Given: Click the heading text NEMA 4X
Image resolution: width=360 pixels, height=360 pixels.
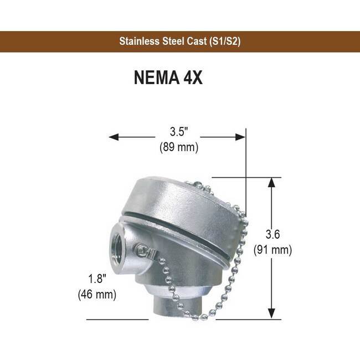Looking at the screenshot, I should pos(168,78).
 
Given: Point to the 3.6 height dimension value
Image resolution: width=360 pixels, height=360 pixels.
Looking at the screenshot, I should pos(272,234).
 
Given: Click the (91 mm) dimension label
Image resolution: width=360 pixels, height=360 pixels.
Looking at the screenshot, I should pos(272,250).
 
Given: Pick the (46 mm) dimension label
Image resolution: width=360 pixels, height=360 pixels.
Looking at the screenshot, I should pos(97,294).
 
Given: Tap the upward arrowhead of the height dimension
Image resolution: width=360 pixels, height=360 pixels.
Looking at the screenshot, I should pos(271,182).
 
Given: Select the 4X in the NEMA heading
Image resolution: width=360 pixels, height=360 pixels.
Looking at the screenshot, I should pos(192,78).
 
